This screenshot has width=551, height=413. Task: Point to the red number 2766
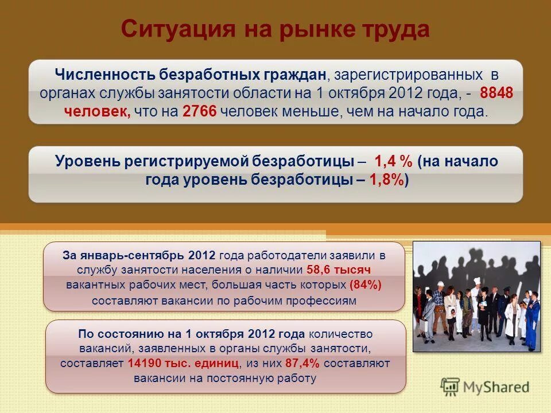(199, 112)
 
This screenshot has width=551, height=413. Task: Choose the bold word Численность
(104, 75)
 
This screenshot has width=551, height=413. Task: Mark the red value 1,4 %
(393, 162)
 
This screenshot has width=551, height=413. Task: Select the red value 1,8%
(387, 180)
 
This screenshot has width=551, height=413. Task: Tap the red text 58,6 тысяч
(339, 270)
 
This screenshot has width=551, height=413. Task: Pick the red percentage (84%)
(365, 285)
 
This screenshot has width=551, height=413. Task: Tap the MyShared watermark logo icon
(450, 386)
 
